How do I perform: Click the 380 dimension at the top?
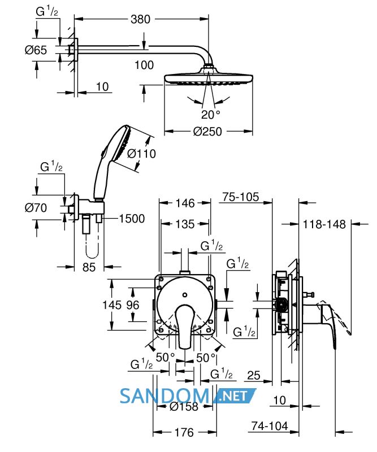141,20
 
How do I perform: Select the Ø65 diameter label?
36,50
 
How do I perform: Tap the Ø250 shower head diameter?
207,132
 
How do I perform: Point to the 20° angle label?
211,115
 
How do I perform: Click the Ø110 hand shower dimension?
141,154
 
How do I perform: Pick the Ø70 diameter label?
36,208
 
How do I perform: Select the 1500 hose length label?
132,219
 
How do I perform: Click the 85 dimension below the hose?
89,267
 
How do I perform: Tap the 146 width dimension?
185,203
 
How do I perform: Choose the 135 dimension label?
185,224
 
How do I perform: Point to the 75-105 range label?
241,197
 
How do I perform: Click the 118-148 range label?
324,224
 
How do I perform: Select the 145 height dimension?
112,305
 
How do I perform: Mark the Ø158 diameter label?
184,406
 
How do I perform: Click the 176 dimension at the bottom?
184,432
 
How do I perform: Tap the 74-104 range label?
270,426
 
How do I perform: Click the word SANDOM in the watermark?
164,396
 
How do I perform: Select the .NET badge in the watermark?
234,395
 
